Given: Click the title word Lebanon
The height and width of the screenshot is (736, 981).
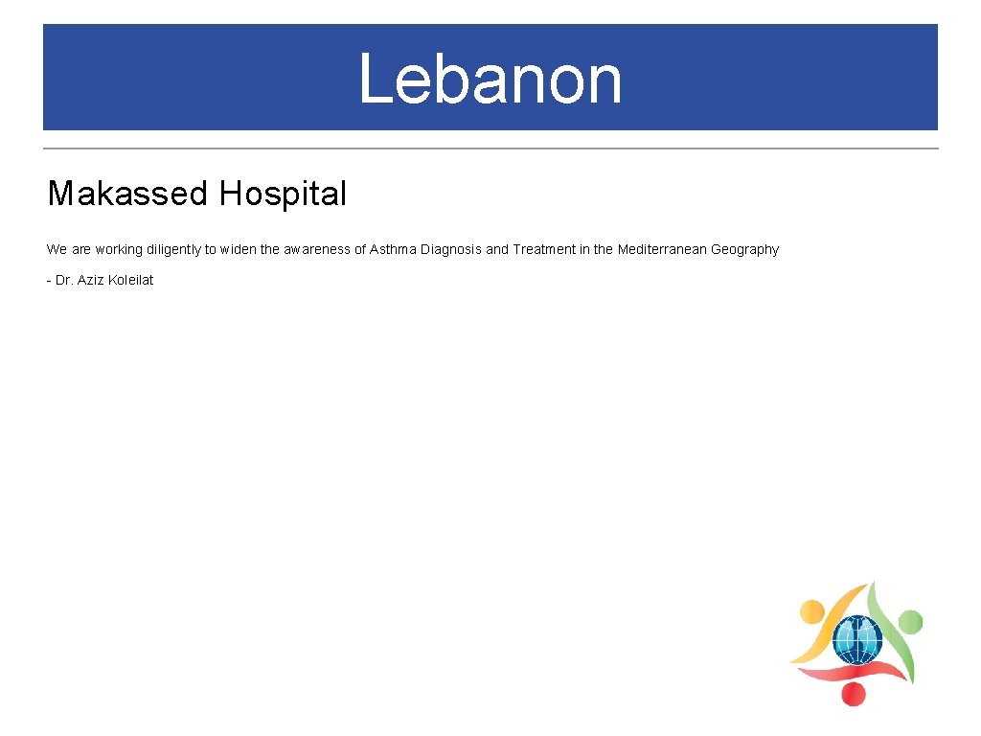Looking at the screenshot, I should point(490,79).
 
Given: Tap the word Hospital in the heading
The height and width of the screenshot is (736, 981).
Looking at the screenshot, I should point(283,194).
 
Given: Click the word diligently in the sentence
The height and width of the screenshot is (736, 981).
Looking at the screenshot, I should point(171,249).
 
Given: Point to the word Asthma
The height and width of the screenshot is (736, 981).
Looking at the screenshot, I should point(393,249).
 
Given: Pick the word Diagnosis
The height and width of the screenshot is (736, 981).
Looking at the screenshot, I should point(451,249).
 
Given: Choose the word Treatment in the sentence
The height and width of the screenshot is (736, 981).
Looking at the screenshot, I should point(543,249).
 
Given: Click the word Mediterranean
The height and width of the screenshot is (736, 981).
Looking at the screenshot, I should point(662,249).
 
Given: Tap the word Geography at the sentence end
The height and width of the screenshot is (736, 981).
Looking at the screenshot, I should point(744,249).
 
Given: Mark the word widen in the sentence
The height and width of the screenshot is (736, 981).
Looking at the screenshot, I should point(238,249).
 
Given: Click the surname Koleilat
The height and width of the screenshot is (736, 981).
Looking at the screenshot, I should point(130,280).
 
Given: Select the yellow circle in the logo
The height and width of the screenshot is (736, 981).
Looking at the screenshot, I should point(811,611).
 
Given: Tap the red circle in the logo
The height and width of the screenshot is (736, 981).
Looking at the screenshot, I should point(851,694).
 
